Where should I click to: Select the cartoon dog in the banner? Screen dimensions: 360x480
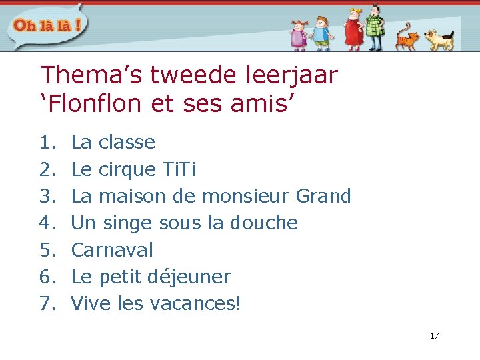click(439, 39)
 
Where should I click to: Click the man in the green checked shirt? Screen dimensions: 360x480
click(375, 27)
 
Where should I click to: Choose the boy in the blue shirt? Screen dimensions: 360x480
click(321, 33)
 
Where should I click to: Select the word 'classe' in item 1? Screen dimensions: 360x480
click(127, 142)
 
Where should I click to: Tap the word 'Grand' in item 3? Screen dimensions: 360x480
click(323, 196)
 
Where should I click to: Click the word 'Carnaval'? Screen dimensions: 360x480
click(112, 250)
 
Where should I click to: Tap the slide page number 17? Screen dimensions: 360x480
click(434, 335)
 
